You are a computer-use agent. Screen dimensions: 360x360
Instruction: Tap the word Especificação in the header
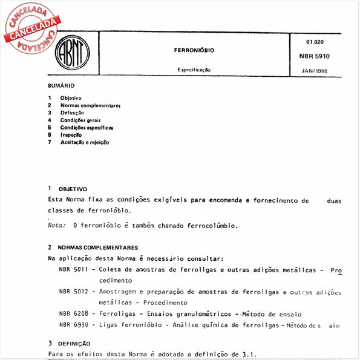tap(194, 70)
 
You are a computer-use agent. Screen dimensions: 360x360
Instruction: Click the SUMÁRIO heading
tap(61, 87)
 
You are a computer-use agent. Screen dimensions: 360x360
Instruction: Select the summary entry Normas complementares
tap(90, 105)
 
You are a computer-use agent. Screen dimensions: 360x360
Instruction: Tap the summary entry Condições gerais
tap(80, 120)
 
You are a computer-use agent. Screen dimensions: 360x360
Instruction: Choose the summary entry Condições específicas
tap(87, 128)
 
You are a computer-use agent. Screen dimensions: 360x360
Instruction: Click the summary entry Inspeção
tap(71, 135)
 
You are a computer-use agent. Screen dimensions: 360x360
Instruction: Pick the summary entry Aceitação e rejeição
tap(85, 142)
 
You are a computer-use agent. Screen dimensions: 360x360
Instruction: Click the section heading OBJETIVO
tap(73, 189)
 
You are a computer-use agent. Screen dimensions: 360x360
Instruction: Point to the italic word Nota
tap(56, 226)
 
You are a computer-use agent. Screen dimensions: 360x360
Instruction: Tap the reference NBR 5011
tap(73, 270)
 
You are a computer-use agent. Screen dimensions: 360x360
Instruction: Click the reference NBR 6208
tap(73, 314)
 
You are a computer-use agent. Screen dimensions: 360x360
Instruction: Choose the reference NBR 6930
tap(73, 326)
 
